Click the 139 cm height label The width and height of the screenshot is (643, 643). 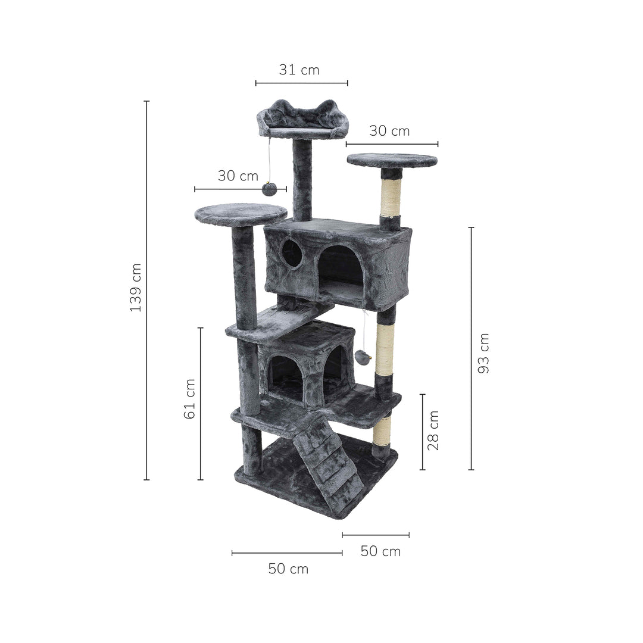tap(135, 288)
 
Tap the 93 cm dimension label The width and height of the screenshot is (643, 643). tap(484, 353)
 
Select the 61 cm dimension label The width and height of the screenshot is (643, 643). tap(189, 398)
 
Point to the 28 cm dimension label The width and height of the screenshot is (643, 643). tap(433, 430)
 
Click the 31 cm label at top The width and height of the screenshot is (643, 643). tap(299, 70)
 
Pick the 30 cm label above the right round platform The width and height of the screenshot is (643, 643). tap(389, 131)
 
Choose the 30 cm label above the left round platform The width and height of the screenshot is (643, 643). tap(238, 176)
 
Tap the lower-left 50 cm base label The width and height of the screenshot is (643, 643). tap(288, 569)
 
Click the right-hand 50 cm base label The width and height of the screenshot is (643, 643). tap(380, 551)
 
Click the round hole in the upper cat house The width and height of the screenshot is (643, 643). tap(292, 253)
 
